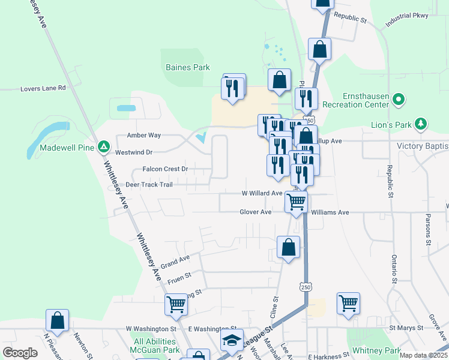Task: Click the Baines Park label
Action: click(x=188, y=68)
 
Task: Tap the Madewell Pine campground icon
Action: click(x=104, y=146)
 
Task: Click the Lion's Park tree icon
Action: click(x=422, y=124)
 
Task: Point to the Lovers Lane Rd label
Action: click(x=42, y=88)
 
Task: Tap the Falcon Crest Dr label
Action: click(x=165, y=169)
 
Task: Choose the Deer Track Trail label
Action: click(x=148, y=185)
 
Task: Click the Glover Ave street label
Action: click(x=256, y=212)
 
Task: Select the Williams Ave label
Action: click(x=330, y=212)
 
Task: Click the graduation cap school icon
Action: click(x=232, y=341)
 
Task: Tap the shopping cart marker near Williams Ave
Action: click(x=296, y=202)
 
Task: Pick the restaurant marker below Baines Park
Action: click(x=232, y=88)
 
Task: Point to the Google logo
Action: click(x=20, y=353)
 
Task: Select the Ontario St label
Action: click(x=394, y=269)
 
